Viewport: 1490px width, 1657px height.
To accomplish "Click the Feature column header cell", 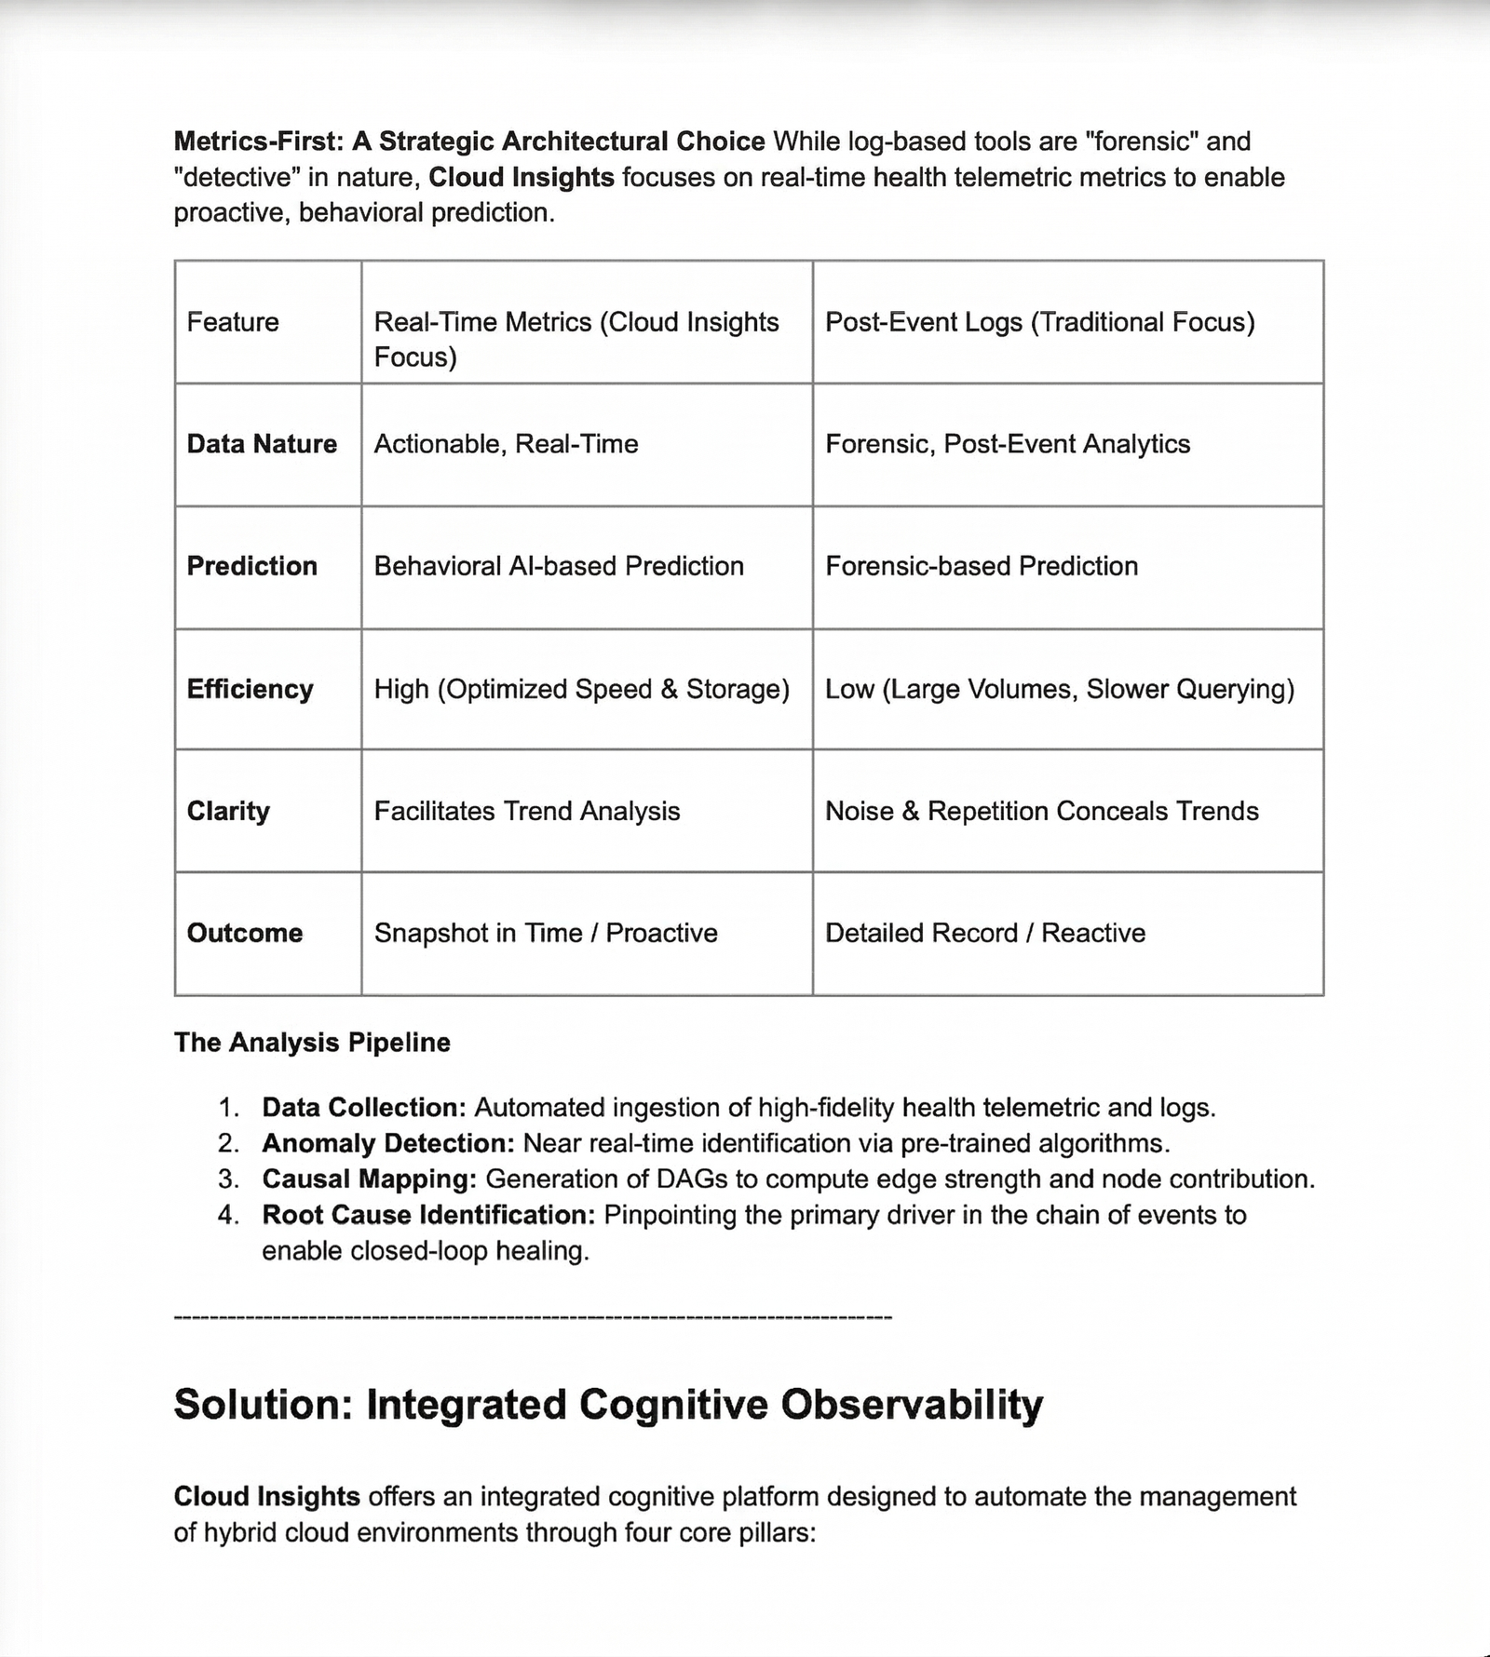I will (x=233, y=322).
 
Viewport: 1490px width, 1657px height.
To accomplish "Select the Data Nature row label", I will (x=262, y=444).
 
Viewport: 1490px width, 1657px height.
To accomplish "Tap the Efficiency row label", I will (x=250, y=689).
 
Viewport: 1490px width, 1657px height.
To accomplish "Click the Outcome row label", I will (x=245, y=933).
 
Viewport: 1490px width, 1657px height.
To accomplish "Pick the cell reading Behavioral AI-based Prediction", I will (x=559, y=566).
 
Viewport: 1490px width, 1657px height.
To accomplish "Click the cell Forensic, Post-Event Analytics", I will (x=1008, y=444).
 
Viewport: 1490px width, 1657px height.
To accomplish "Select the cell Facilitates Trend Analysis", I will (x=527, y=811).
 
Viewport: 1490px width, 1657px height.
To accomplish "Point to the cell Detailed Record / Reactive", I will (x=985, y=933).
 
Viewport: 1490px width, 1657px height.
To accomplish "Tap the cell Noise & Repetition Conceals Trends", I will (x=1041, y=811).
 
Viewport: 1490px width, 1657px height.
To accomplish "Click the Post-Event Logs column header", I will (x=1039, y=322).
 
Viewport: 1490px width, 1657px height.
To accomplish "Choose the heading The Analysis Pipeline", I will (x=312, y=1043).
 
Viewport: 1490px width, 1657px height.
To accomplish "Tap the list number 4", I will (x=228, y=1215).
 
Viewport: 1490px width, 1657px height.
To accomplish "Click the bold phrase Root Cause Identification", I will (x=428, y=1215).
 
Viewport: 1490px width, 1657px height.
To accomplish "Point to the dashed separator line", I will (x=533, y=1317).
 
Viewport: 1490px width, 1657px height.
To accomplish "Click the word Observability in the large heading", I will (x=913, y=1405).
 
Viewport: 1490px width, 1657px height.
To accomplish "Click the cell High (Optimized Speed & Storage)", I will (x=581, y=689).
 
